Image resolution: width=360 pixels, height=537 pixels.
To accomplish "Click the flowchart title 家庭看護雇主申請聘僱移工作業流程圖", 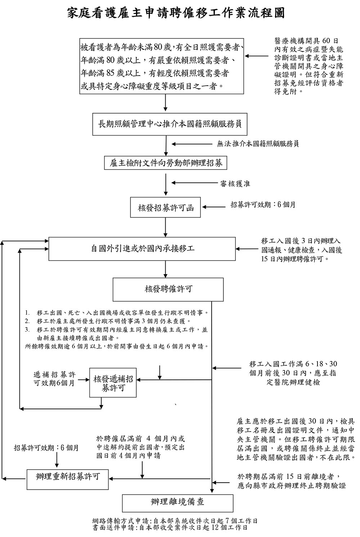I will pos(176,14).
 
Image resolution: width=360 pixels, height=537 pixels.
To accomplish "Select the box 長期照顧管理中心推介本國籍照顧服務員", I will pos(165,124).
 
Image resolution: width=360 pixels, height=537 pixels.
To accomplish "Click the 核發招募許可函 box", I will pos(166,208).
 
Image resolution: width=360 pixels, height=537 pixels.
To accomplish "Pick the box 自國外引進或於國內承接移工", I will pos(142,248).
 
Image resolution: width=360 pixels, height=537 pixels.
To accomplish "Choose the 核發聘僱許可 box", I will pos(168,289).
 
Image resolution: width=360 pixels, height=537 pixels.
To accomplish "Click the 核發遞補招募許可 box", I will pos(113,383).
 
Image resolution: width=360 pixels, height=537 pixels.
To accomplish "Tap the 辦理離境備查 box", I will pos(178,502).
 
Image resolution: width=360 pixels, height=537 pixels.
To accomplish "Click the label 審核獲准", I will pos(235,184).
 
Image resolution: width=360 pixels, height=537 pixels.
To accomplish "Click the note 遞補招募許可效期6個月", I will pos(54,379).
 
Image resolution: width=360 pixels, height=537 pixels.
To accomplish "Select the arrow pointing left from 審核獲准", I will pos(193,183).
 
